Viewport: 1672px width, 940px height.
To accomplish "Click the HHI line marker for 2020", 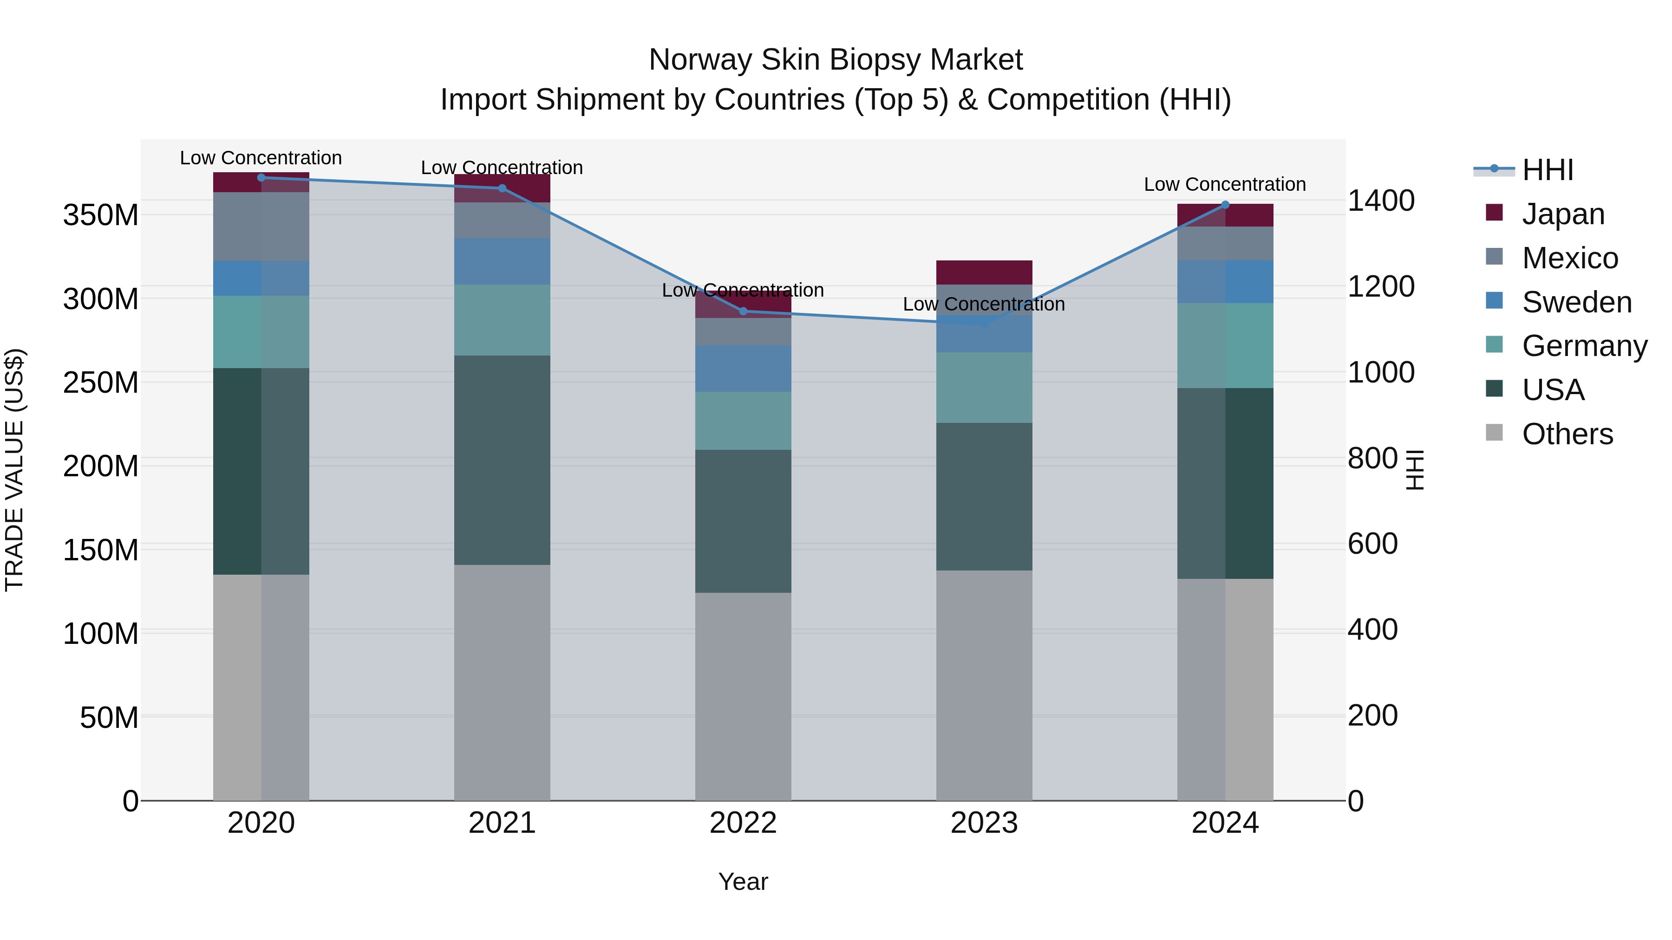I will coord(261,178).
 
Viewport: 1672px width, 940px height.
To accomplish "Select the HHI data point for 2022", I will coord(743,311).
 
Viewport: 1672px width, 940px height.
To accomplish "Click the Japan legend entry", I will coord(1563,214).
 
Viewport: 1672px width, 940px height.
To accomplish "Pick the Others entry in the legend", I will coord(1567,434).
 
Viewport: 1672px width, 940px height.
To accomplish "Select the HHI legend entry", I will coord(1548,170).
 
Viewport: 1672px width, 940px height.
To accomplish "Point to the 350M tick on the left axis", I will coord(101,215).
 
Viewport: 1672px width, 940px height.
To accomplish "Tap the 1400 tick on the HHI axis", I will coord(1381,201).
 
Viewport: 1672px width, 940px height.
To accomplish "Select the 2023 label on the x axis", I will coord(984,823).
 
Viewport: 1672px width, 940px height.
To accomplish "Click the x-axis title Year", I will coord(743,882).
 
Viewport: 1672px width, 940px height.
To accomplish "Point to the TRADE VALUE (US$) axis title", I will coord(14,470).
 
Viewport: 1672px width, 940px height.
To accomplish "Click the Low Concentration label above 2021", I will coord(502,168).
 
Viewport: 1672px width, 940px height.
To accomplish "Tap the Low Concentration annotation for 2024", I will coord(1225,184).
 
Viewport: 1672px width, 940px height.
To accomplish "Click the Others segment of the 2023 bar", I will coord(984,685).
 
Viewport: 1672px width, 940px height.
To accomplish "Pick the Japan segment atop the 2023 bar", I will coord(984,272).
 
